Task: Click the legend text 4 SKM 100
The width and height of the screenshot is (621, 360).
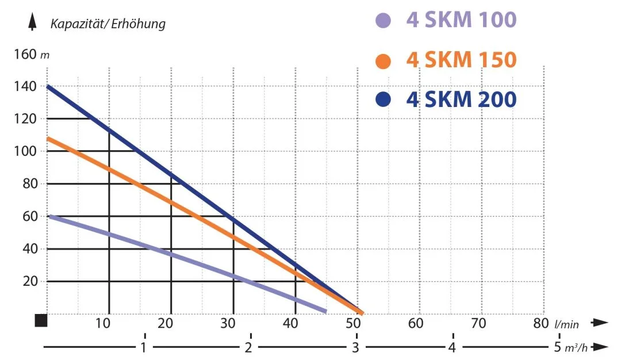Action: click(461, 20)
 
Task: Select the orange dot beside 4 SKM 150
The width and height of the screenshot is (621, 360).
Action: click(383, 60)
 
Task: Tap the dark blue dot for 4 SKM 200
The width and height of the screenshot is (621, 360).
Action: click(383, 100)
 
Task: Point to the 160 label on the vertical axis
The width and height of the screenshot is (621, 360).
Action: click(26, 55)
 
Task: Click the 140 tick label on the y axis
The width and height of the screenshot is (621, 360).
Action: click(26, 87)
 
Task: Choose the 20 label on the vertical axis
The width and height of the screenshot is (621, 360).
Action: click(30, 281)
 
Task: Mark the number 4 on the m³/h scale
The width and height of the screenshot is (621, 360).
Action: click(453, 347)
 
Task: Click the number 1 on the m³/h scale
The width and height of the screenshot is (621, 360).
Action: click(145, 347)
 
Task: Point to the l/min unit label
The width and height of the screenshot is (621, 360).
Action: click(566, 325)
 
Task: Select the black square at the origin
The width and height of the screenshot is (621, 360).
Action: click(40, 320)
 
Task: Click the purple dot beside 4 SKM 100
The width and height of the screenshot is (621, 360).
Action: click(383, 21)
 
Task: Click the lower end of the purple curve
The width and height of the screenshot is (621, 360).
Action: click(325, 311)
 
